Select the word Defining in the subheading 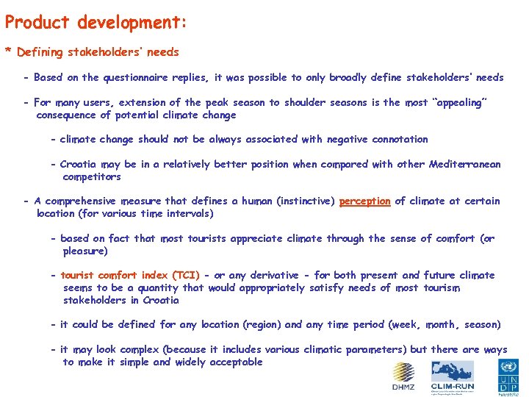(40, 52)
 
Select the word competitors (92, 176)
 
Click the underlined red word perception (364, 201)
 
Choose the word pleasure (84, 251)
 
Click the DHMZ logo (403, 376)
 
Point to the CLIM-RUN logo (452, 376)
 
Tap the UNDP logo (508, 376)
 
